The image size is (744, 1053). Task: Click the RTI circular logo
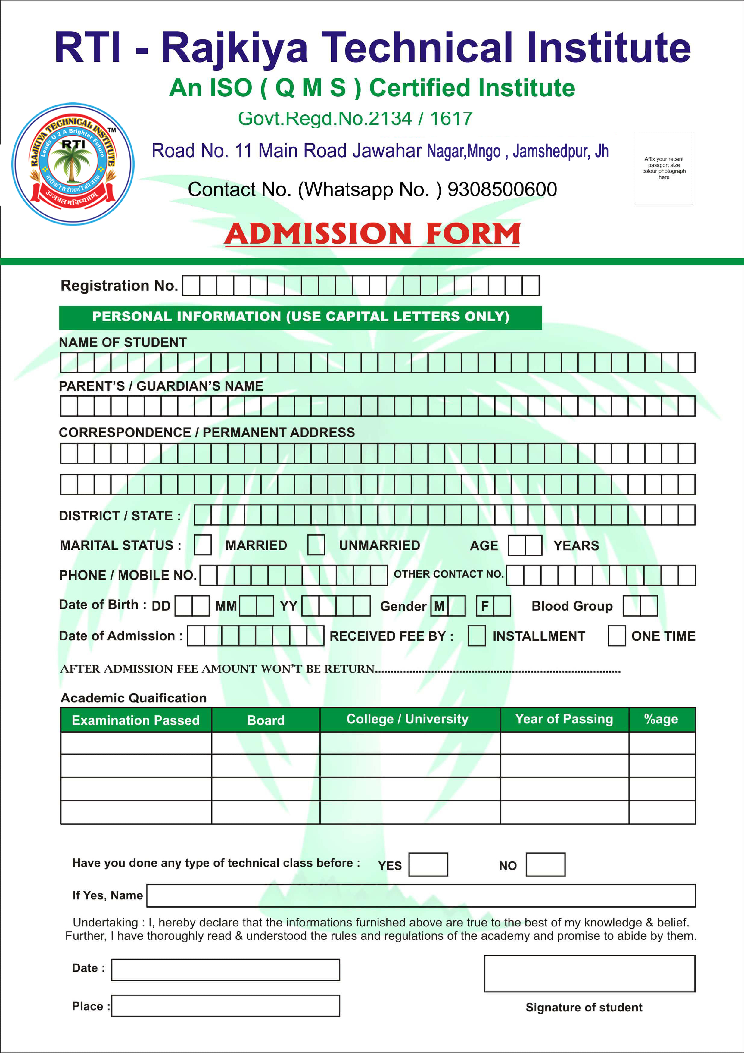coord(73,164)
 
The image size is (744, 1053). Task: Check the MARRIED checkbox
coord(203,545)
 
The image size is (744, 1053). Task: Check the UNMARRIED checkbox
coord(316,545)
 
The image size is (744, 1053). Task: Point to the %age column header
coord(661,719)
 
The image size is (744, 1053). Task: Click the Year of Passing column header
coord(564,719)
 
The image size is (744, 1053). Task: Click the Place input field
coord(226,1005)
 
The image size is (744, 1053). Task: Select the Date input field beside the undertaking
coord(226,970)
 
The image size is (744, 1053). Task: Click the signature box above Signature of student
coord(590,974)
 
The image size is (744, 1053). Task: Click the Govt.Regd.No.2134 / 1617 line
coord(355,118)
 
